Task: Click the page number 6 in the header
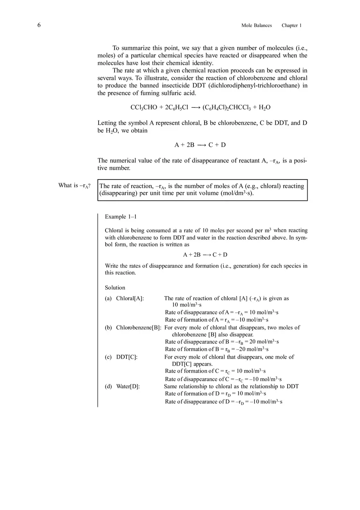pos(39,25)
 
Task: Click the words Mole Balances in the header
pos(256,25)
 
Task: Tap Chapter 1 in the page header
pos(291,25)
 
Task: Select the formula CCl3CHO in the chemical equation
pos(144,108)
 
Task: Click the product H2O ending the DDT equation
pos(265,108)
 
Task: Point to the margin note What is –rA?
pos(74,186)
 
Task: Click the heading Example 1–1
pos(120,216)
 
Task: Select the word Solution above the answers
pos(115,288)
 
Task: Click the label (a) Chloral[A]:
pos(124,299)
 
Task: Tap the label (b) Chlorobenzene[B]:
pos(133,328)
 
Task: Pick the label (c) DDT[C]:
pos(121,357)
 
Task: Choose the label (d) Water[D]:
pos(122,386)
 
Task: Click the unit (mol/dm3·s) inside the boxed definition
pos(237,193)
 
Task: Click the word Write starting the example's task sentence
pos(111,266)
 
